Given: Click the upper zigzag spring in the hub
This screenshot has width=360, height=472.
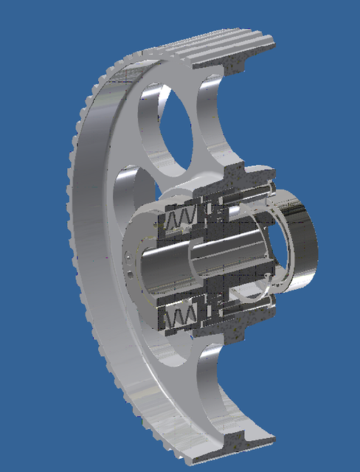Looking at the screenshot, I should pos(180,217).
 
